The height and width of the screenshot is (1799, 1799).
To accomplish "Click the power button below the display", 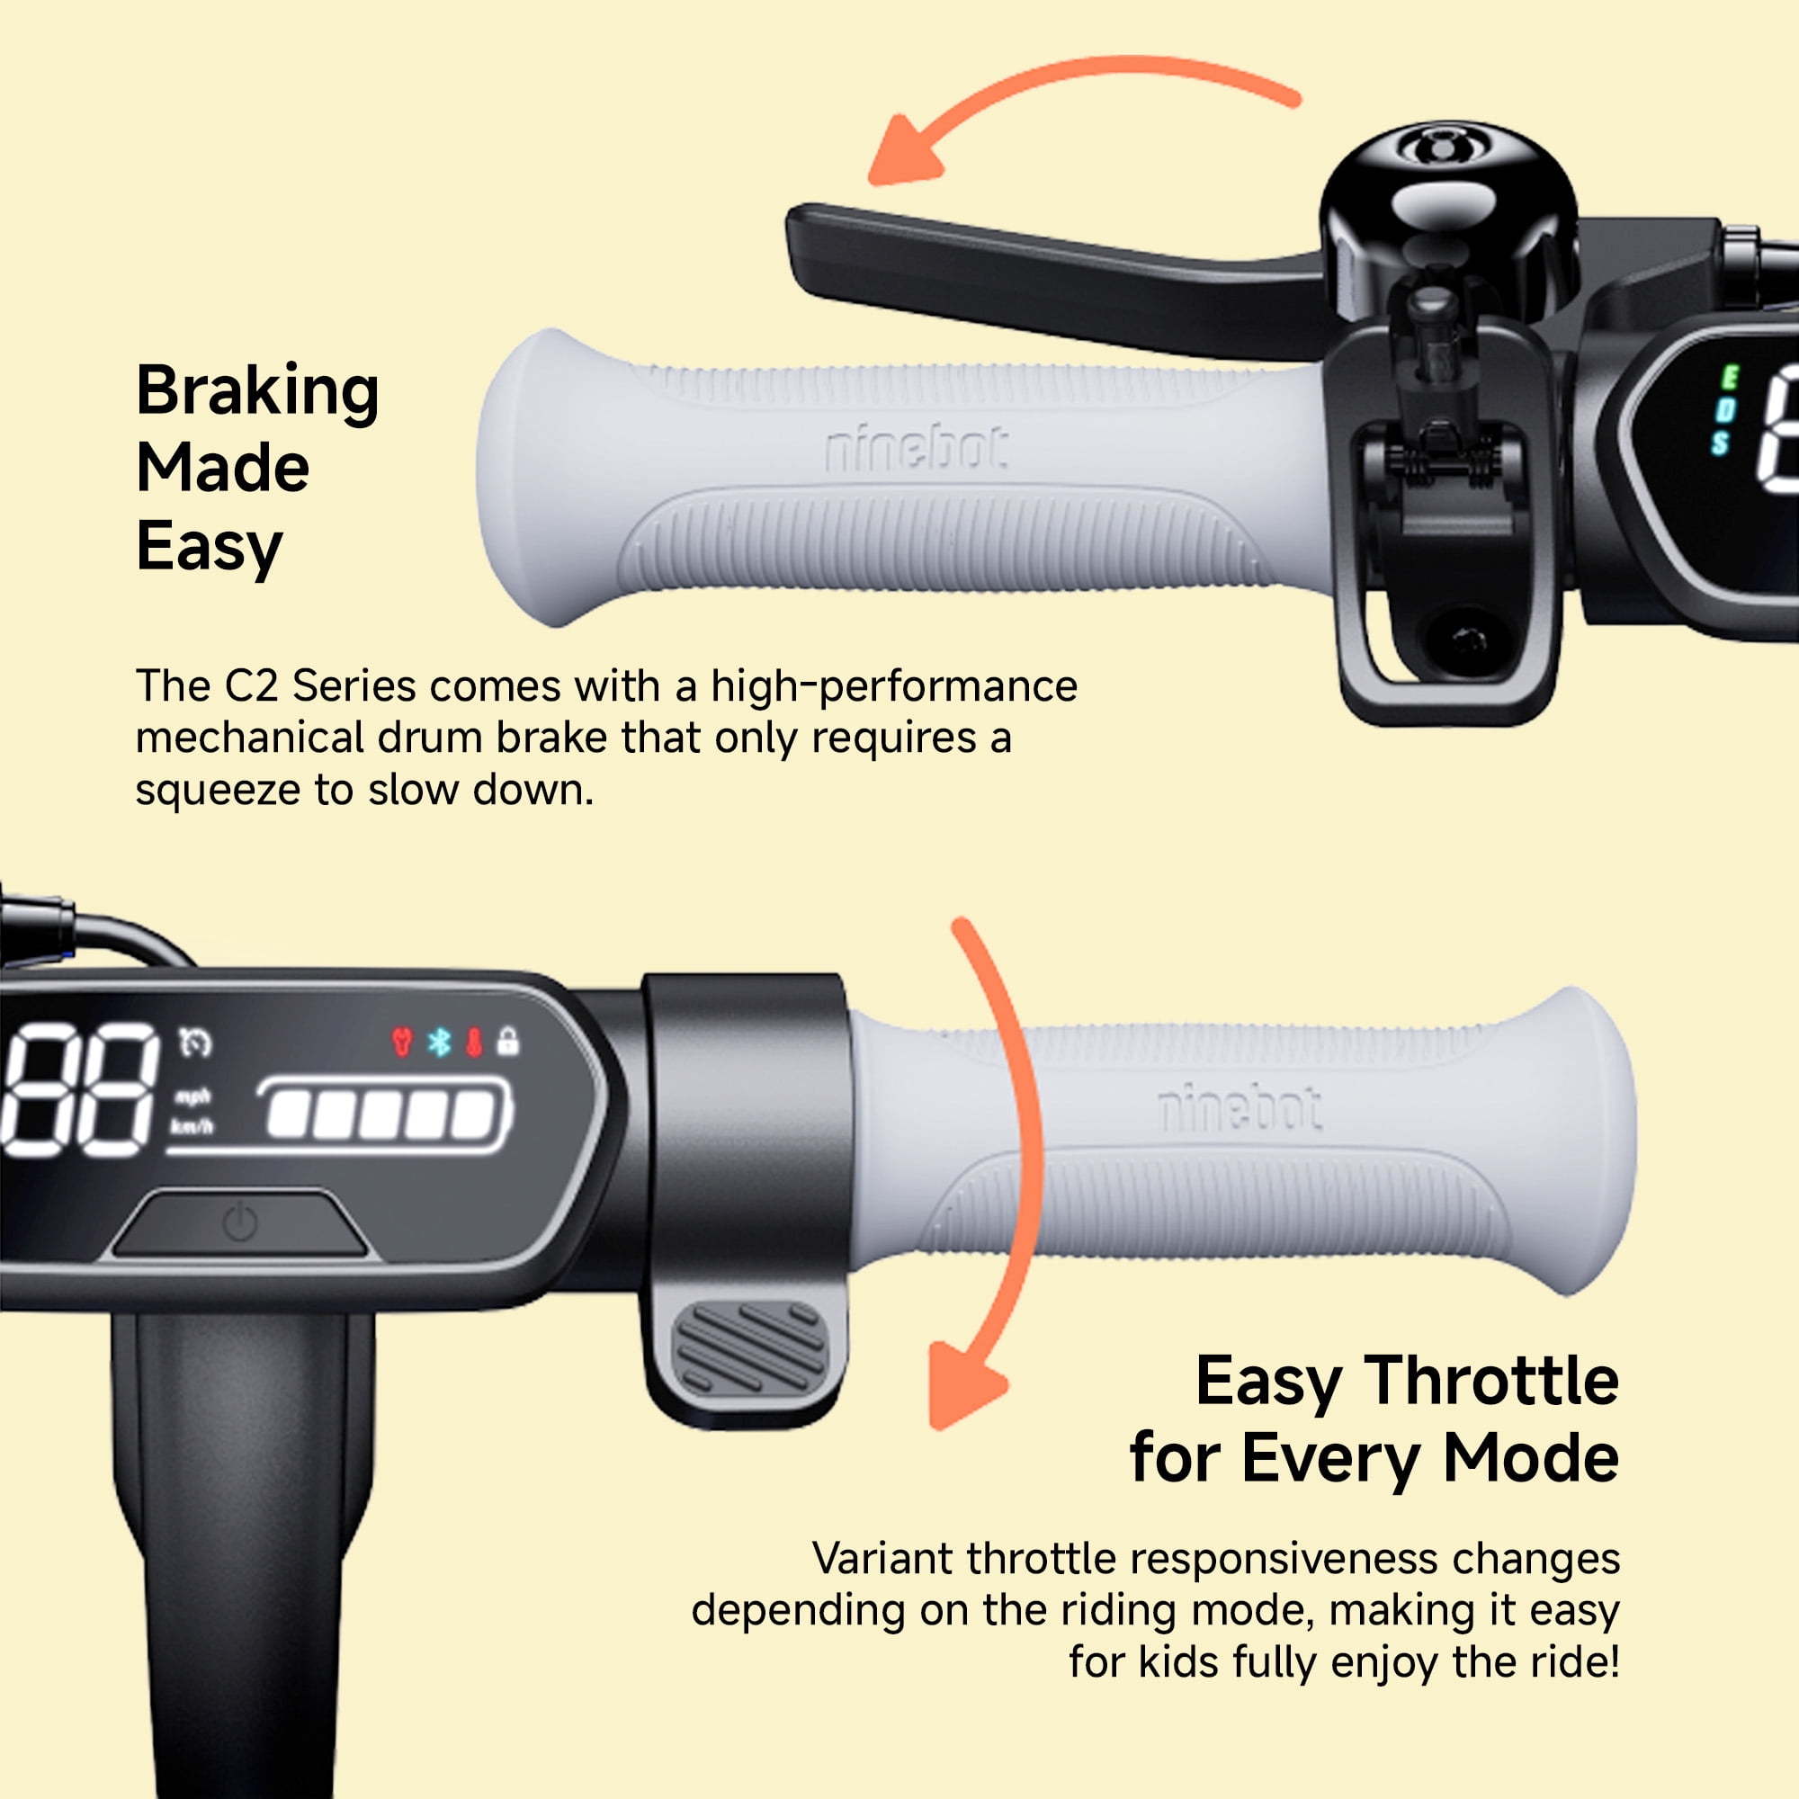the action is [x=240, y=1222].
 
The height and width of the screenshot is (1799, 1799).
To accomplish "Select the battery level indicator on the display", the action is [x=384, y=1114].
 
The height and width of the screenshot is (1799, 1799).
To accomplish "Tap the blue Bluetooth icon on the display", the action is [x=439, y=1041].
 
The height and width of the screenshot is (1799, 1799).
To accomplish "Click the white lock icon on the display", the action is [x=507, y=1040].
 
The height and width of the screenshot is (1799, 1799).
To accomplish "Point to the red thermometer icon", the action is [x=474, y=1042].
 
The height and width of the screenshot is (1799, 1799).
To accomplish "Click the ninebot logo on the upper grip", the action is [x=917, y=448].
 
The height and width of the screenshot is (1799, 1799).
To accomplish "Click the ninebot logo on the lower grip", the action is [x=1240, y=1107].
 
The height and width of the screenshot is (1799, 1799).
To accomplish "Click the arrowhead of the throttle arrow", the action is [x=963, y=1383].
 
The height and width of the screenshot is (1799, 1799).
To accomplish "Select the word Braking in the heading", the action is [x=258, y=391].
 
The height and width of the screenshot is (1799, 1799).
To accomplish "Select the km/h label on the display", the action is [x=191, y=1128].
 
